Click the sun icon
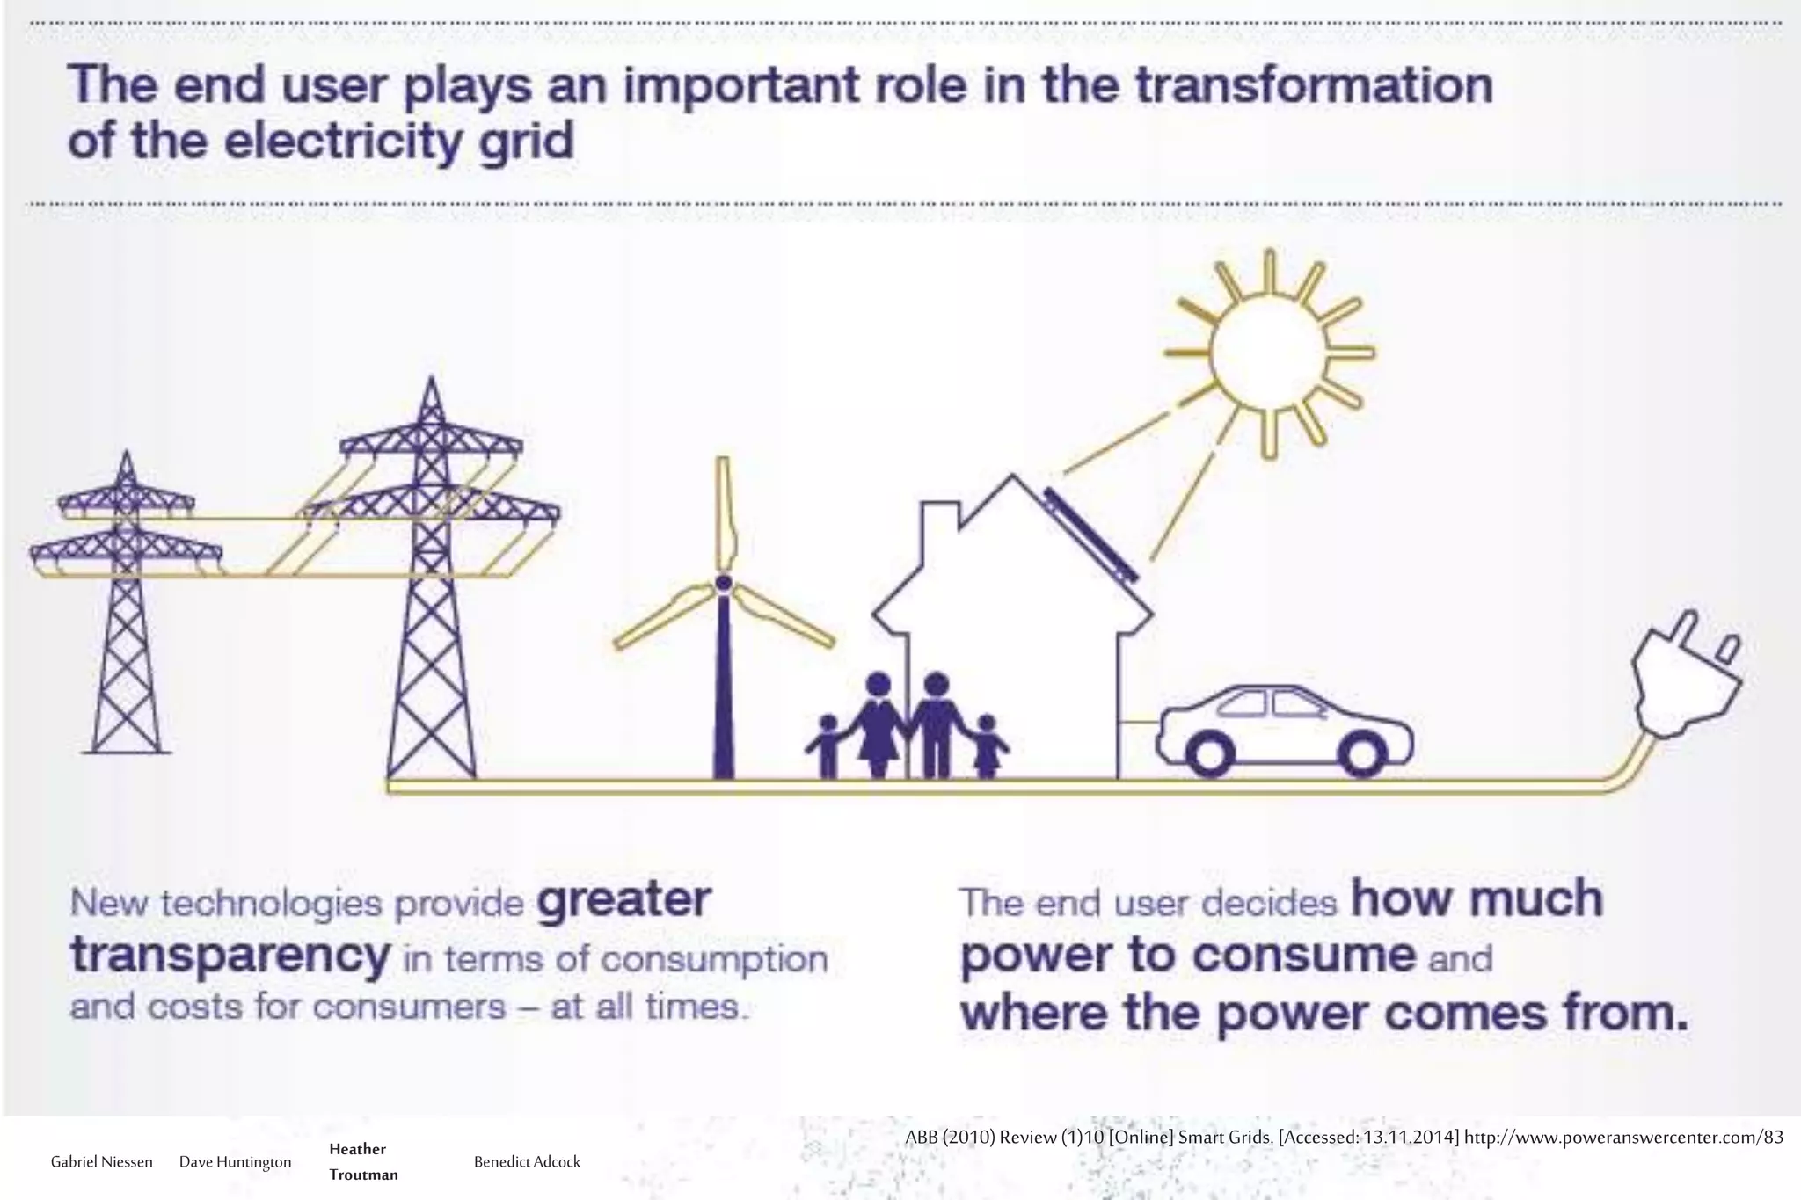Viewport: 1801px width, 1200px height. coord(1267,353)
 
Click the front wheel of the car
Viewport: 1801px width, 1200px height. coord(1363,753)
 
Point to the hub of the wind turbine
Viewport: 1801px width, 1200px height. coord(724,583)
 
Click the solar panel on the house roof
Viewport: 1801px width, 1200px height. coord(1090,536)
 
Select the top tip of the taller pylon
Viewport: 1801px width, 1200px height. coord(431,383)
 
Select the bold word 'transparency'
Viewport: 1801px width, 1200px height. coord(229,956)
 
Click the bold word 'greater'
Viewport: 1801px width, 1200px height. coord(623,900)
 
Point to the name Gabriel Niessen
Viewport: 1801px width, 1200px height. coord(101,1161)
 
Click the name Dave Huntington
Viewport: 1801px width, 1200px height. coord(235,1161)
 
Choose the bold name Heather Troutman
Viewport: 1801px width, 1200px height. coord(363,1161)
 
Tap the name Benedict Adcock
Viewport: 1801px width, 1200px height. coord(527,1161)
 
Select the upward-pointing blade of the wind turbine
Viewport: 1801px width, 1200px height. coord(724,510)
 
